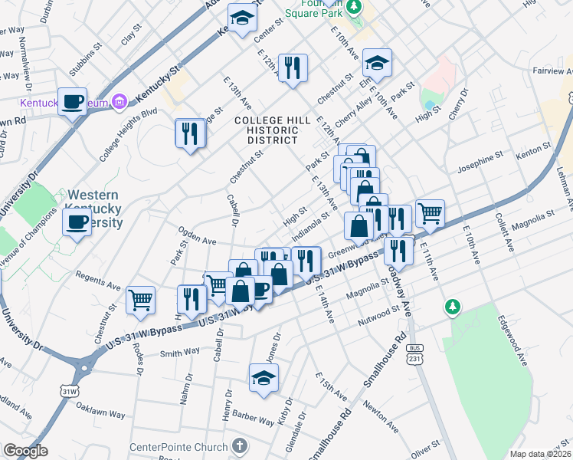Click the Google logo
pos(25,451)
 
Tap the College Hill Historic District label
pos(272,130)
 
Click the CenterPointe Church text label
pos(178,447)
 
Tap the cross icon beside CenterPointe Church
pos(240,446)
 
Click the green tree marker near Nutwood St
pos(453,307)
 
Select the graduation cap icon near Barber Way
pos(264,379)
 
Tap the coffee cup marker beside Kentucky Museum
pos(74,101)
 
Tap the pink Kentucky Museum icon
pos(119,101)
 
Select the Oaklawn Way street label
pos(103,414)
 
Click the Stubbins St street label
pos(84,63)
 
